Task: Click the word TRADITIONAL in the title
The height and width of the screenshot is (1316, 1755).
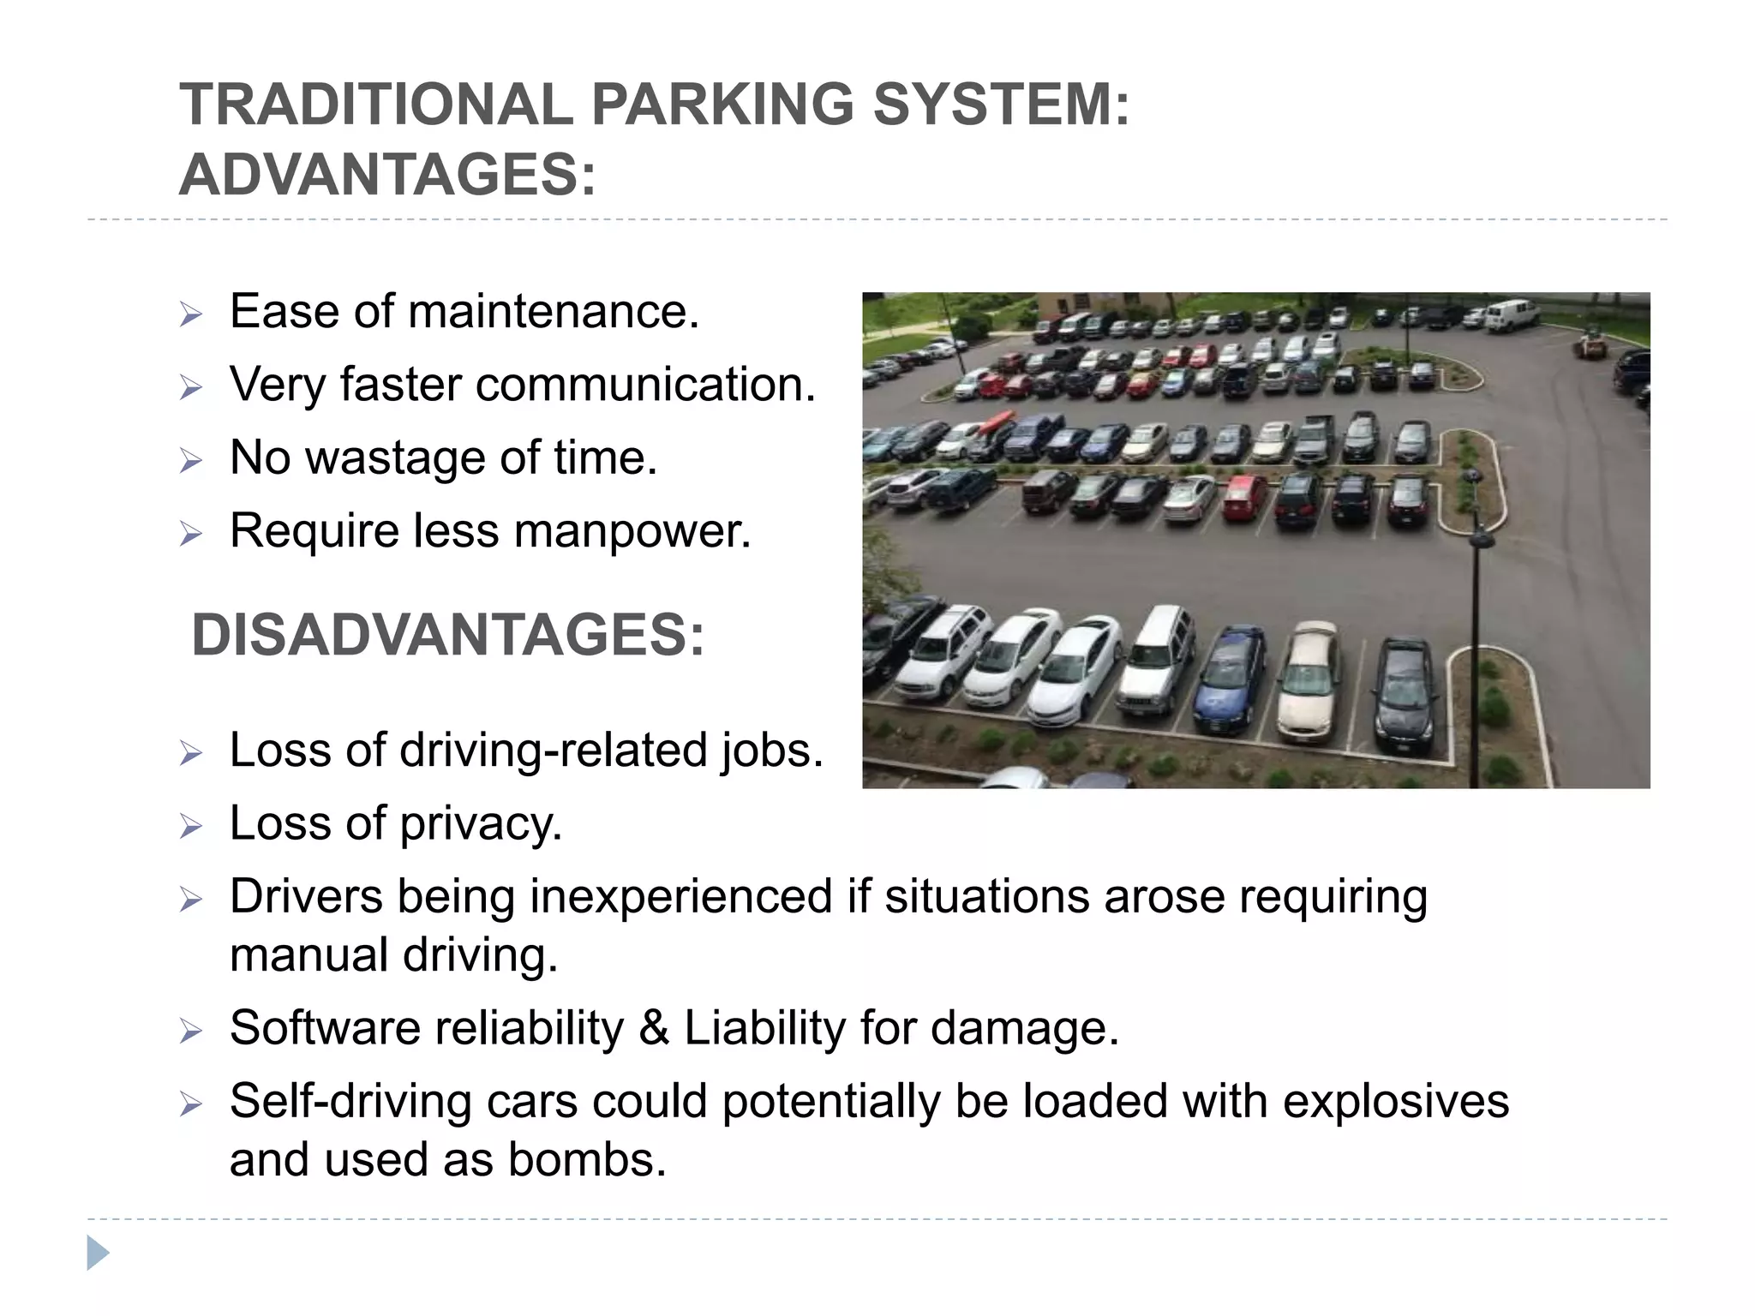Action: [x=375, y=105]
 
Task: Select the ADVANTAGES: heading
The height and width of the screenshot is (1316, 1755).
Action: [x=386, y=175]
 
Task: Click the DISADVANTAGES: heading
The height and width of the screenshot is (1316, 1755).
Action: [x=447, y=636]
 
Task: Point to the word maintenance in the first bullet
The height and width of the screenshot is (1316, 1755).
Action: [x=554, y=311]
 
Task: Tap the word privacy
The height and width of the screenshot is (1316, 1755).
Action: [x=481, y=824]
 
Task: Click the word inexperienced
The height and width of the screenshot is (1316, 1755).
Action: [x=680, y=897]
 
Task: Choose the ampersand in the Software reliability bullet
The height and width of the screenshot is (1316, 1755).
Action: [x=654, y=1028]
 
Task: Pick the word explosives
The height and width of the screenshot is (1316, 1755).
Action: [x=1396, y=1101]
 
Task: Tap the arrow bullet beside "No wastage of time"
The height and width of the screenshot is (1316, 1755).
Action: [x=190, y=461]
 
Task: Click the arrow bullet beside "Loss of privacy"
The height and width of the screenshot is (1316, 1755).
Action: [x=190, y=827]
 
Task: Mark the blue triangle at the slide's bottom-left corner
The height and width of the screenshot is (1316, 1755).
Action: [x=98, y=1253]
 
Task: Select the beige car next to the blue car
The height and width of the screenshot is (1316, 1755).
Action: [x=1308, y=681]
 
